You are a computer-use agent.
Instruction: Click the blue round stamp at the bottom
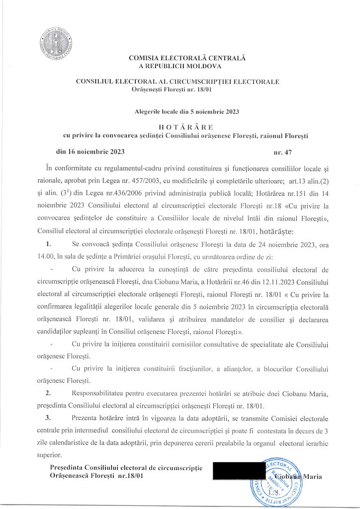tap(274, 481)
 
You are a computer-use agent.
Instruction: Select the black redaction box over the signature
tap(239, 471)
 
